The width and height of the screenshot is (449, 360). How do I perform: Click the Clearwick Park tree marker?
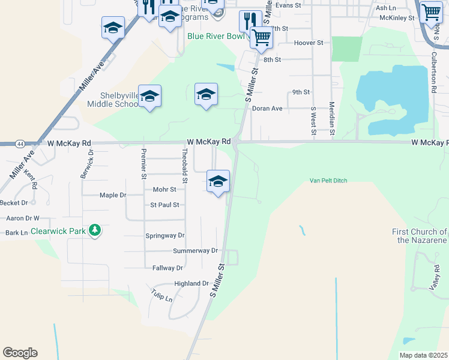(94, 230)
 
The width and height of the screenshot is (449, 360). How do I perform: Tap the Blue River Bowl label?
(216, 36)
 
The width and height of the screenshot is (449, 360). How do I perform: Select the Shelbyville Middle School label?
(112, 100)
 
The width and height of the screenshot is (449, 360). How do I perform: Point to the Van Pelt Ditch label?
(328, 180)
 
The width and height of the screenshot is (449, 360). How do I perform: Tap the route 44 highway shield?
(21, 144)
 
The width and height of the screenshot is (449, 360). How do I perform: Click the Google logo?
(20, 353)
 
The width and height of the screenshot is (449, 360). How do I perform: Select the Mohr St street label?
(164, 190)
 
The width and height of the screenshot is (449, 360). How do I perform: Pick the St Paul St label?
(164, 205)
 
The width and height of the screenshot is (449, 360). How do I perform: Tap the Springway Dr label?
(165, 236)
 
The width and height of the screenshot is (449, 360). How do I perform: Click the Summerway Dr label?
(194, 251)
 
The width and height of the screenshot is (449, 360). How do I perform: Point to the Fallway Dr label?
(167, 268)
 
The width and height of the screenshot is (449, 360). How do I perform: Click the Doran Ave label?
(267, 109)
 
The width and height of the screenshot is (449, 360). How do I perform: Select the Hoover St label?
(309, 43)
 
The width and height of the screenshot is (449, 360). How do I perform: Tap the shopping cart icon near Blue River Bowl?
(262, 37)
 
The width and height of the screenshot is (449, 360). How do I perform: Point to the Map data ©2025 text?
(423, 355)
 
